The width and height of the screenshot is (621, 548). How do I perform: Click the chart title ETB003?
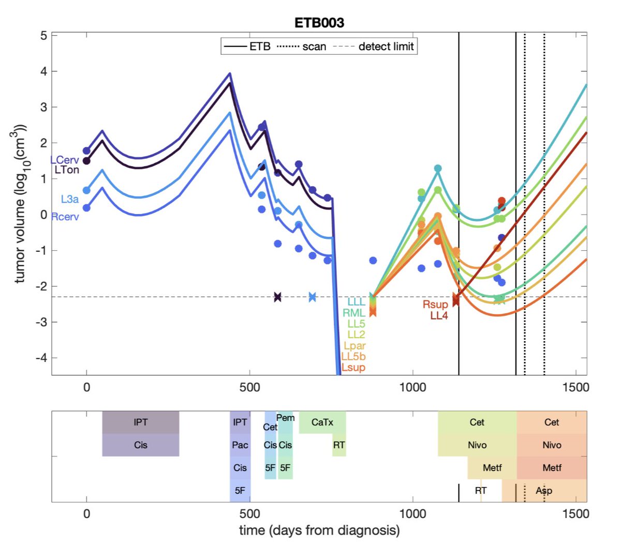(319, 23)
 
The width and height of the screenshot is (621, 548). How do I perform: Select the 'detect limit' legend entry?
(386, 47)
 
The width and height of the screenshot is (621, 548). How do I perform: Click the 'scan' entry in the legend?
(314, 47)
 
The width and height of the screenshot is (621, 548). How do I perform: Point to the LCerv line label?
(65, 160)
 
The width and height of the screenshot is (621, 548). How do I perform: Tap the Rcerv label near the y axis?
(65, 217)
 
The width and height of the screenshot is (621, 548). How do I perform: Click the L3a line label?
(70, 199)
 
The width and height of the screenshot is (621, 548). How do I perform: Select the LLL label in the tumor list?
(356, 302)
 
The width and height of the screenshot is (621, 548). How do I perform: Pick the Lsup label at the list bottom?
(353, 367)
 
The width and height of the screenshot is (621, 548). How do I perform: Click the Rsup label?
(435, 305)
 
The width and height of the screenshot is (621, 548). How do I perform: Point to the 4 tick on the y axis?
(43, 71)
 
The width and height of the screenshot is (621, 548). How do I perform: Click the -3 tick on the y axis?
(41, 322)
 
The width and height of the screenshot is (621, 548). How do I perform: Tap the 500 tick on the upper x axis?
(249, 387)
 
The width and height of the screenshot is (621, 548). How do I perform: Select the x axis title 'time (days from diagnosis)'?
(319, 530)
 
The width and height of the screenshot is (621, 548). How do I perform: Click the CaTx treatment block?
(322, 422)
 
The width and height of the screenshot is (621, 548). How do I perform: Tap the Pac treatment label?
(240, 445)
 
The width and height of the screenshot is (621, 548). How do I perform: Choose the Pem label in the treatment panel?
(286, 418)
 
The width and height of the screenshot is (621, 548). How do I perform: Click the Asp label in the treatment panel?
(544, 491)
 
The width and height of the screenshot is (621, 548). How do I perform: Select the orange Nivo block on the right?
(552, 445)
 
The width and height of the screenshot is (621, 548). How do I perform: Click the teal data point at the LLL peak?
(438, 169)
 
